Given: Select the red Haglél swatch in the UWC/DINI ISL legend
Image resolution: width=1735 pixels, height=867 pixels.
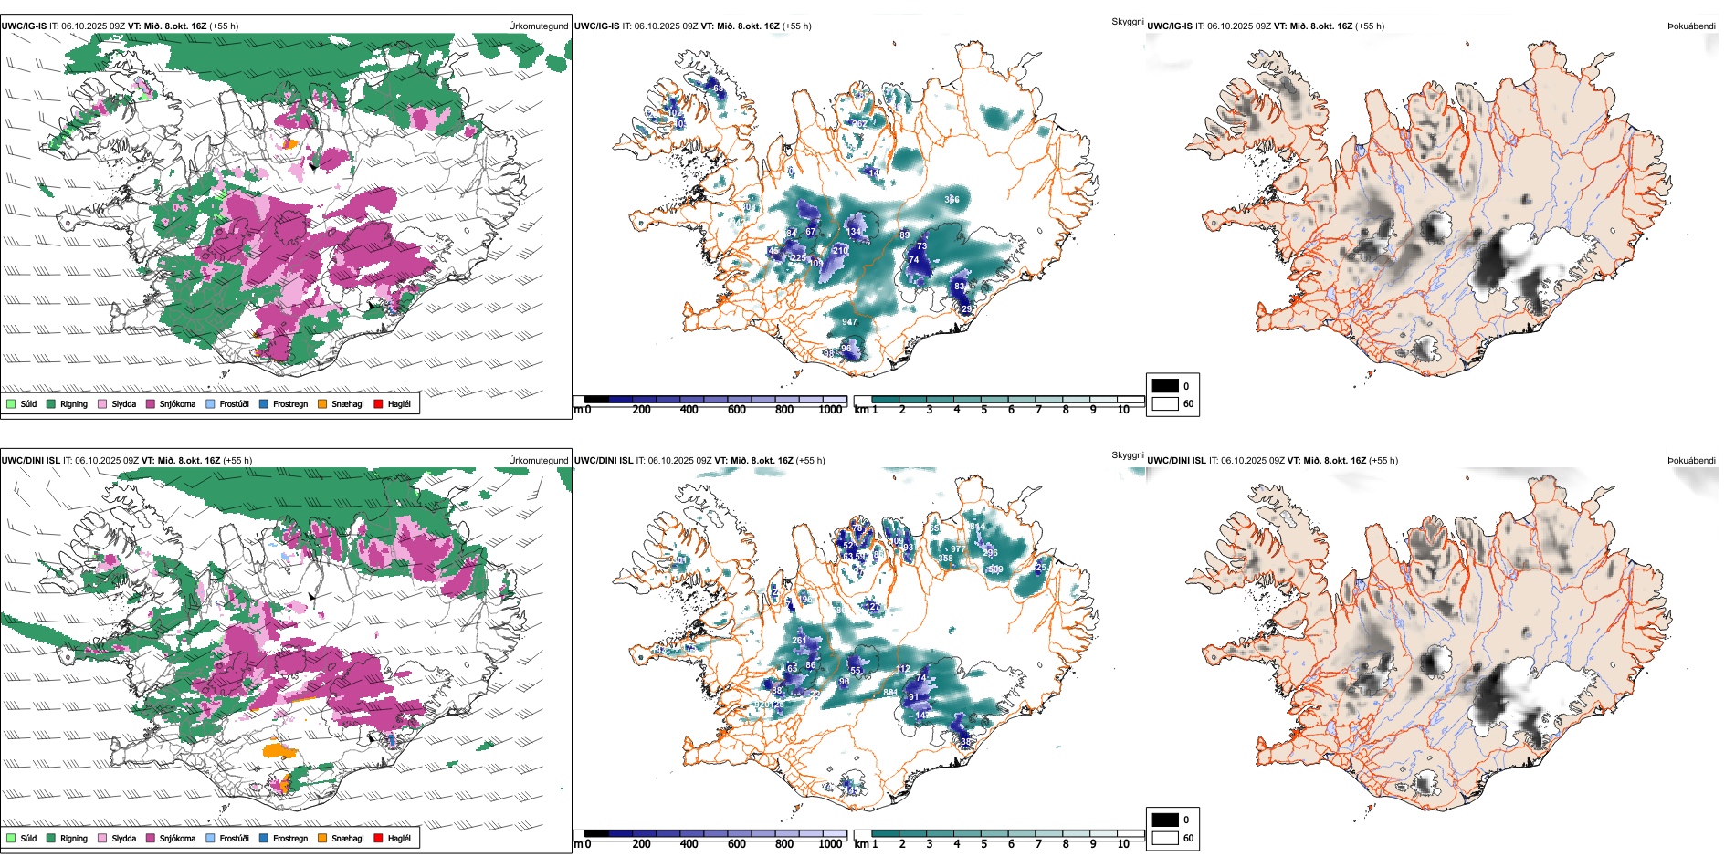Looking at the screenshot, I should [379, 838].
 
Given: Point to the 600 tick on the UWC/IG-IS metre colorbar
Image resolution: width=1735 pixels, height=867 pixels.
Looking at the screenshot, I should [737, 410].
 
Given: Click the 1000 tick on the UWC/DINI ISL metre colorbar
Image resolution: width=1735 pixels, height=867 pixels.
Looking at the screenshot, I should [830, 844].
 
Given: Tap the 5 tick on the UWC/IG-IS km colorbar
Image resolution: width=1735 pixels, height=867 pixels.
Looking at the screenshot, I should [984, 410].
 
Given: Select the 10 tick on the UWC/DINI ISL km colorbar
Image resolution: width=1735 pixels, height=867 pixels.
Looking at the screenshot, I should [1123, 844].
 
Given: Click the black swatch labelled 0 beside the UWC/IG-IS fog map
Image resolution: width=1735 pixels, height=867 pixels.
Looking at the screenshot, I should [1165, 386].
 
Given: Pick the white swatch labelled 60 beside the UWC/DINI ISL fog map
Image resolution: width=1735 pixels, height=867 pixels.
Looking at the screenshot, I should [1165, 838].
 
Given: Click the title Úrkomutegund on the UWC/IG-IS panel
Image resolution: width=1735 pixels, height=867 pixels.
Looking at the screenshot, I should [538, 26].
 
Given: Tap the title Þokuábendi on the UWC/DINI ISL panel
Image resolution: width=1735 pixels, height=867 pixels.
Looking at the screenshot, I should [1691, 461].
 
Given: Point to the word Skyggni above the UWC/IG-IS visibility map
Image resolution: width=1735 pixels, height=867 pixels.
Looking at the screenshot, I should [1127, 21].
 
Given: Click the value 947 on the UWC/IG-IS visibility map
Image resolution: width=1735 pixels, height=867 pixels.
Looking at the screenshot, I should [849, 322].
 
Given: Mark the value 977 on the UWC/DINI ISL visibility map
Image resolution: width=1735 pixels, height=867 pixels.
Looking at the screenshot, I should [957, 549].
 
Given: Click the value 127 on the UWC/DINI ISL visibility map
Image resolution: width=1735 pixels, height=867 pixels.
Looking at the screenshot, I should [872, 607].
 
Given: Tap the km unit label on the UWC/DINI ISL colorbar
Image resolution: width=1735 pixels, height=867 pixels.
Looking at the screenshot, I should [861, 844].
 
